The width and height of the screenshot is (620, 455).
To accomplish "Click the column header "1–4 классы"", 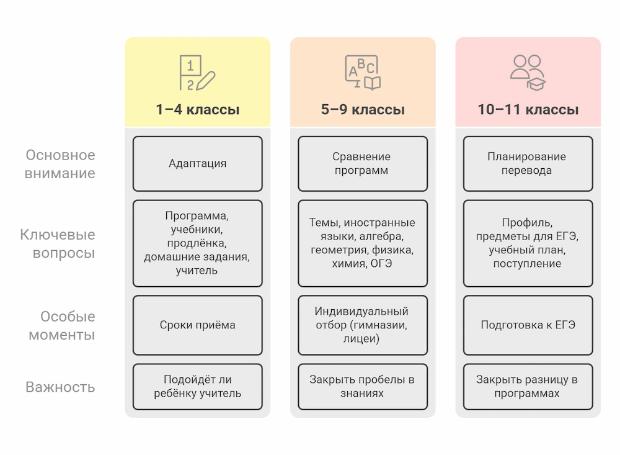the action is point(198,109).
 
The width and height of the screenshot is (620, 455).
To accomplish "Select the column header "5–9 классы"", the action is point(363,109).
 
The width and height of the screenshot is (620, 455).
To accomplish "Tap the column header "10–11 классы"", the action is point(528,109).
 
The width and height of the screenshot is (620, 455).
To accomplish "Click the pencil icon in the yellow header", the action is point(206,81).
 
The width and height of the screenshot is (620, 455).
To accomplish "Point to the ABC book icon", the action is point(363,73).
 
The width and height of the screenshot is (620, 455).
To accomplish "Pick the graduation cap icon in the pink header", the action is point(536,84).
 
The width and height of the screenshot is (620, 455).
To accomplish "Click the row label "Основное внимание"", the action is point(60,164).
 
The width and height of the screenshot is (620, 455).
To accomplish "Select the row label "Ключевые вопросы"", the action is point(58,243).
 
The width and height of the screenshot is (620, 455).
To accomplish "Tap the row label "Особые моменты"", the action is point(61,325).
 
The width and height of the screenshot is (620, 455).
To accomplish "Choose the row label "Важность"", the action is point(60,387).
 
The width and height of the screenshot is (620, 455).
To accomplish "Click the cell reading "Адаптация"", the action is point(198,163).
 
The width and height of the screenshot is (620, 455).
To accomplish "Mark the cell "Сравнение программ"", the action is point(363,163).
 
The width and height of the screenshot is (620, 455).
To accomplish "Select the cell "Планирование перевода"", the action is point(528,163).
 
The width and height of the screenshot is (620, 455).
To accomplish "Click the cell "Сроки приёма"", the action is point(198,325).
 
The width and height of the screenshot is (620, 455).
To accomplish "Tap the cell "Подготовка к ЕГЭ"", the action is point(528,325).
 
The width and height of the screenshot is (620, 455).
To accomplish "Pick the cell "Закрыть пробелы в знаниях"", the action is point(363,387).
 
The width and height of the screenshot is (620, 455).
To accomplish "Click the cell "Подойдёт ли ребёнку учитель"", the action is point(198,387).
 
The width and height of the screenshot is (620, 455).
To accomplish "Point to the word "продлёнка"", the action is point(197,243).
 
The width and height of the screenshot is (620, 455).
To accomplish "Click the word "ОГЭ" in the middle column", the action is point(381,264).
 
